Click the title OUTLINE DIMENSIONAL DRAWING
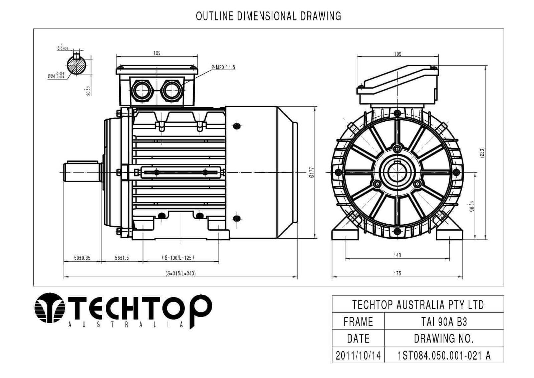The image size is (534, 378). tap(268, 16)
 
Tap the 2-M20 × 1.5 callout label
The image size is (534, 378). tap(223, 67)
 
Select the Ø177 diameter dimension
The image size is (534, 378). tap(311, 172)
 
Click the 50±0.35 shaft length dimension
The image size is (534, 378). tap(82, 258)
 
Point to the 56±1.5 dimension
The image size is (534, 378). tap(122, 258)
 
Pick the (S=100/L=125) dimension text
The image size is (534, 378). tap(178, 258)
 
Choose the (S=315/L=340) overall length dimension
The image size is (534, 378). tap(181, 273)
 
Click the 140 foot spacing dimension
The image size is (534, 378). tap(397, 255)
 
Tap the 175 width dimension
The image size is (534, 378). tap(397, 273)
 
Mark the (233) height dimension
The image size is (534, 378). tap(482, 152)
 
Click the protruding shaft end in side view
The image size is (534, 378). tap(82, 172)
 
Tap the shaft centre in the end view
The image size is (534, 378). tap(397, 172)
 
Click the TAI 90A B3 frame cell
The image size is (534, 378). tap(444, 322)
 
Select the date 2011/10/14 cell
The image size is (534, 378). tap(358, 355)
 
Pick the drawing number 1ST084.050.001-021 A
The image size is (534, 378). tap(444, 355)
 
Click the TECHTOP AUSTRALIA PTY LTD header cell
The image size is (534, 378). tap(418, 304)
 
